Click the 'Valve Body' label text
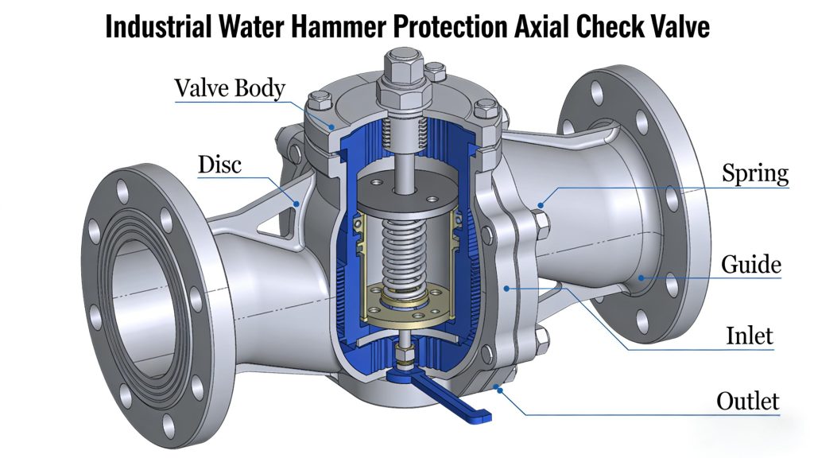pos(230,87)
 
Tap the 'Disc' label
pos(219,165)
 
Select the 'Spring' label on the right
pos(754,173)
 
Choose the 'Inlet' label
pos(749,335)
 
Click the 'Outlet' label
pos(747,401)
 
